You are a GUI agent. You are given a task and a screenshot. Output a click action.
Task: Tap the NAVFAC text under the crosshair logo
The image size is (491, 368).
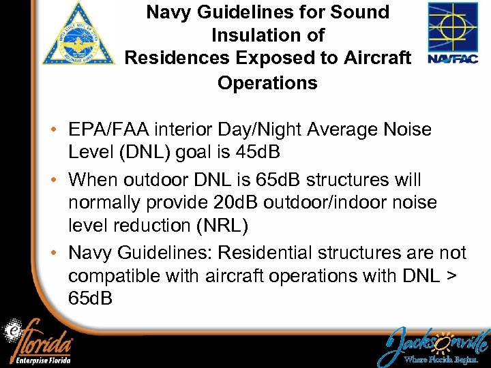point(453,59)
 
